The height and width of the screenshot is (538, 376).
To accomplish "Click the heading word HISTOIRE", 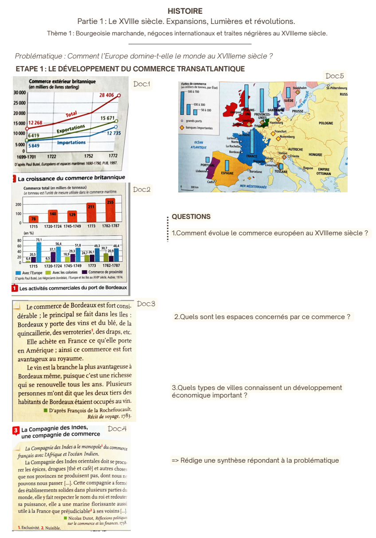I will coord(185,11).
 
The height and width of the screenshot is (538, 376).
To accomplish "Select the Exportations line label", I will coord(71,129).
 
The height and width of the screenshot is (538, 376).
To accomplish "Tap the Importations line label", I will coord(71,143).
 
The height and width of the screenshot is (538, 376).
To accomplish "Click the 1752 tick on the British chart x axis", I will coord(89,156).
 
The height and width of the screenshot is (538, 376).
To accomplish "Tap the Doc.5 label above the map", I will coord(334,76).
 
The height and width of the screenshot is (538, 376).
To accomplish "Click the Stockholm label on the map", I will coord(300,88).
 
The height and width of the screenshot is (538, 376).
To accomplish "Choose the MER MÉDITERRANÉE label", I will coord(253,187).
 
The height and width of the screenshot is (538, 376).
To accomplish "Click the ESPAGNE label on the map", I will coord(227,173).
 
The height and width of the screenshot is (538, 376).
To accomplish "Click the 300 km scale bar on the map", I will coord(188,187).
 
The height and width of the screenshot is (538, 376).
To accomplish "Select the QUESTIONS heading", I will coord(191,217).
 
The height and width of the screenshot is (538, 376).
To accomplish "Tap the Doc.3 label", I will coord(146,304).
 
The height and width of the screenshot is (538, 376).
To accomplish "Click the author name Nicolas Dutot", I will coord(81,518).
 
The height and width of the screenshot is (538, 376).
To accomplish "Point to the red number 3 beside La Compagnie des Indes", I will coord(16,430).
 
